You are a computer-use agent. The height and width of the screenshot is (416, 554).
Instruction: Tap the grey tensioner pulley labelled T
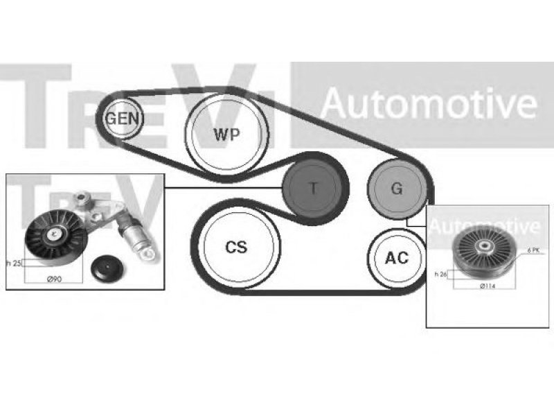[x=313, y=187]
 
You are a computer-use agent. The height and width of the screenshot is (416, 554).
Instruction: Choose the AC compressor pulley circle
[x=396, y=258]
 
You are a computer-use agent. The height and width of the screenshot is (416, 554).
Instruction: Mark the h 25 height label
[x=12, y=263]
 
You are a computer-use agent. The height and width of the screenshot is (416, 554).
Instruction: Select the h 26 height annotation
[x=441, y=275]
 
